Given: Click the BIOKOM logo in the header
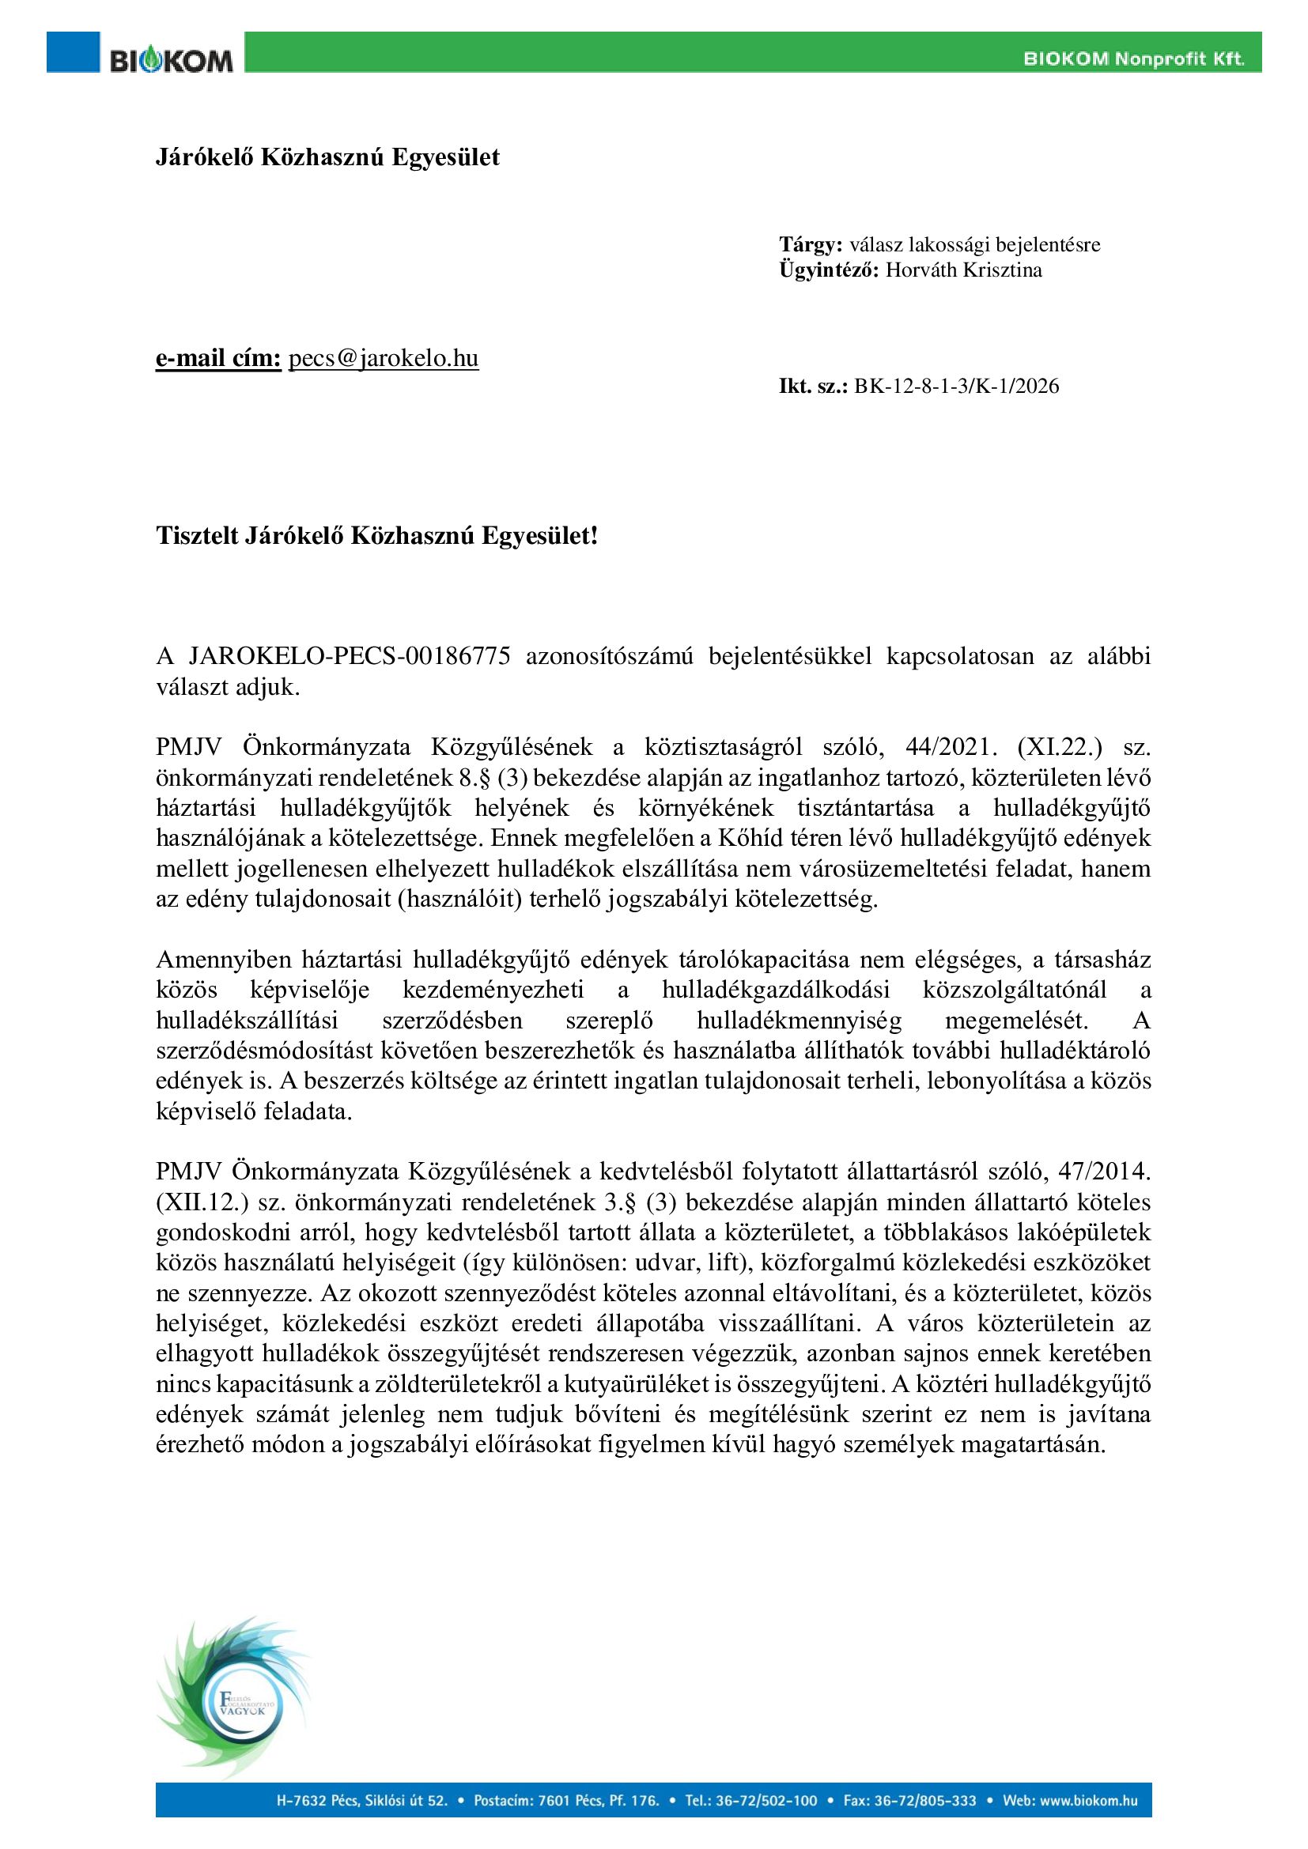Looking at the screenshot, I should tap(171, 59).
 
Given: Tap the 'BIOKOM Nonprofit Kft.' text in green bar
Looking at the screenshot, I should tap(1133, 58).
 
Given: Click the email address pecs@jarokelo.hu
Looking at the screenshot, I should tap(384, 358).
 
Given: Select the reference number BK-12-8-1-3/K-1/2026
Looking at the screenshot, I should tap(956, 387).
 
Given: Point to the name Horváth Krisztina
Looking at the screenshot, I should tap(963, 270).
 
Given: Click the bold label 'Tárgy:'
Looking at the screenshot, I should tap(811, 245).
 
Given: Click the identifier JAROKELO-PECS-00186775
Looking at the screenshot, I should tap(350, 656).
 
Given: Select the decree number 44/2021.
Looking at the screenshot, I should tap(943, 747).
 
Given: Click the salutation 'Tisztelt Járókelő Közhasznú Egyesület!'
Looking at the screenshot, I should tap(377, 535).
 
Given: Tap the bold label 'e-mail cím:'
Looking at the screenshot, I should tap(218, 358).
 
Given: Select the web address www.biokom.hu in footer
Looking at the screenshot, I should tap(1089, 1801).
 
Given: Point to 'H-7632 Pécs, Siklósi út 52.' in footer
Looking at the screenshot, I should tap(361, 1801).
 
